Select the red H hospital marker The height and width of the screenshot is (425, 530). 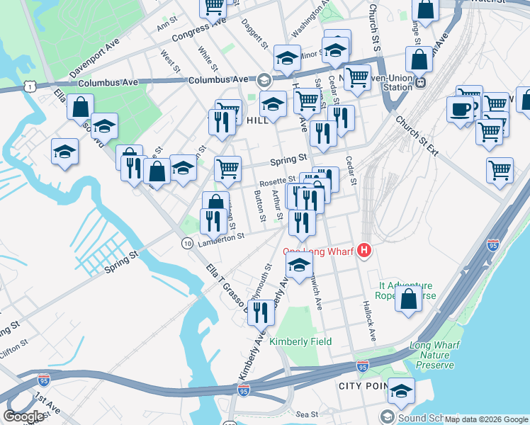(x=364, y=250)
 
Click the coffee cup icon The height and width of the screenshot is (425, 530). (x=461, y=110)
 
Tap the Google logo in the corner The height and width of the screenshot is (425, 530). (x=24, y=416)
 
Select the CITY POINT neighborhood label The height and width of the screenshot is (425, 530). (x=363, y=386)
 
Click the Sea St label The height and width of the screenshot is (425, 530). (x=308, y=414)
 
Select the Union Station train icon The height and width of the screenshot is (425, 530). (x=420, y=81)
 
